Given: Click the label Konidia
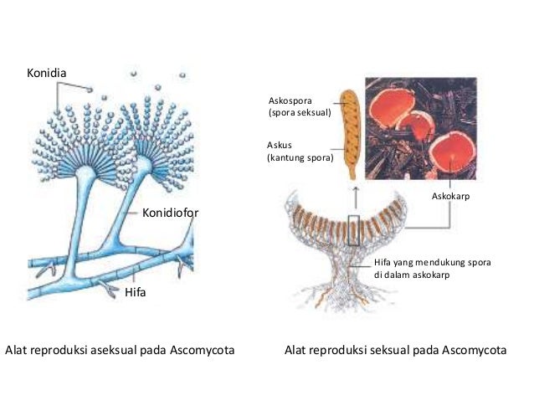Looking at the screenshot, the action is pyautogui.click(x=47, y=73).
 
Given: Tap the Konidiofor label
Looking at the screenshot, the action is pyautogui.click(x=170, y=213).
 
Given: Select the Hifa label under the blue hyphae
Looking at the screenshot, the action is pyautogui.click(x=136, y=292).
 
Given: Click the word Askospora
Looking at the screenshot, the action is pyautogui.click(x=290, y=100).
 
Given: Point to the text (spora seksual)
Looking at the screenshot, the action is pyautogui.click(x=300, y=113).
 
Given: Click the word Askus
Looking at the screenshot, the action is pyautogui.click(x=280, y=145).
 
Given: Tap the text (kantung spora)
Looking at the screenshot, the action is pyautogui.click(x=300, y=157).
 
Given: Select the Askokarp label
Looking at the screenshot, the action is pyautogui.click(x=450, y=196).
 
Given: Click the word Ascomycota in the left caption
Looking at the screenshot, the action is pyautogui.click(x=203, y=350).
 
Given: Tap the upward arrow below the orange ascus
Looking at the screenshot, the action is pyautogui.click(x=356, y=198).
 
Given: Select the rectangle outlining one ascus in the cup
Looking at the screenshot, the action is pyautogui.click(x=354, y=230).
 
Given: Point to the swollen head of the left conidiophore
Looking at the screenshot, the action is pyautogui.click(x=85, y=172).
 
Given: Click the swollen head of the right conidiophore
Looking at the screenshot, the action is pyautogui.click(x=143, y=164).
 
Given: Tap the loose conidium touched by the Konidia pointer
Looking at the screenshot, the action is pyautogui.click(x=90, y=90).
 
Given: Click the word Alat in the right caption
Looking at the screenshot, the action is pyautogui.click(x=295, y=350).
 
